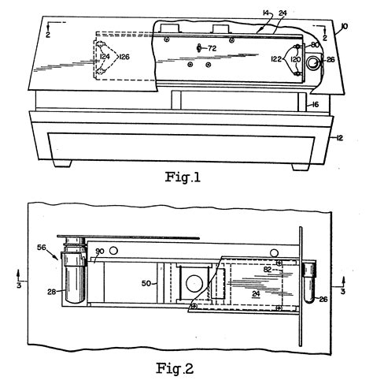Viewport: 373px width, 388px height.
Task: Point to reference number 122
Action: [x=276, y=58]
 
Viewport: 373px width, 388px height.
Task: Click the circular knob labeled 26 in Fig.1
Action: [x=314, y=62]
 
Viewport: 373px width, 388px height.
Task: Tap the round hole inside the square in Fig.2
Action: [x=193, y=282]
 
